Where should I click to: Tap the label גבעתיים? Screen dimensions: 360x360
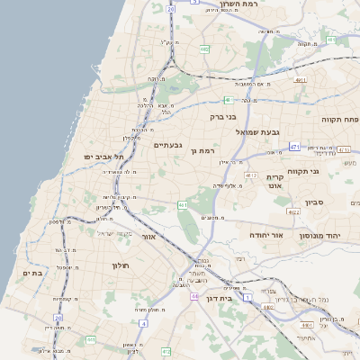pos(168,145)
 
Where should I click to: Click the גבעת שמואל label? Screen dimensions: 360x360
pos(241,132)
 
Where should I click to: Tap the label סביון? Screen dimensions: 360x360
pos(315,202)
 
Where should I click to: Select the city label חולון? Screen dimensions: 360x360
pos(121,265)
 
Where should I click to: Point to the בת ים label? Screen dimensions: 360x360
pos(31,274)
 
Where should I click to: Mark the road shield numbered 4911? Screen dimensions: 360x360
pos(301,79)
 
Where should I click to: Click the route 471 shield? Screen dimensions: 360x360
pos(294,145)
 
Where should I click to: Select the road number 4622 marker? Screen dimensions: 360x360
pos(293,211)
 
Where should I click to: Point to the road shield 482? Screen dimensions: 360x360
pos(205,49)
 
